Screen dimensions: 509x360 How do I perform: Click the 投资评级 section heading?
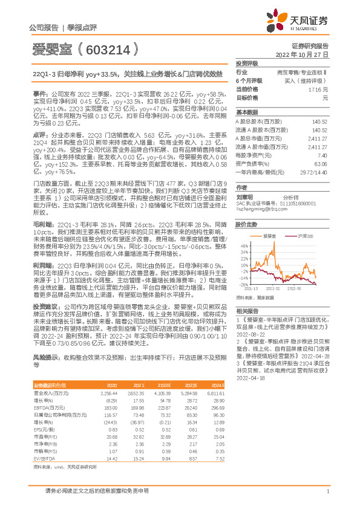point(247,63)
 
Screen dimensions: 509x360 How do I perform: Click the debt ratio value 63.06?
point(321,163)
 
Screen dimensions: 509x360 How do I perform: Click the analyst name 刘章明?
point(244,196)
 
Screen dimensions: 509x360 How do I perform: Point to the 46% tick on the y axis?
point(244,246)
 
